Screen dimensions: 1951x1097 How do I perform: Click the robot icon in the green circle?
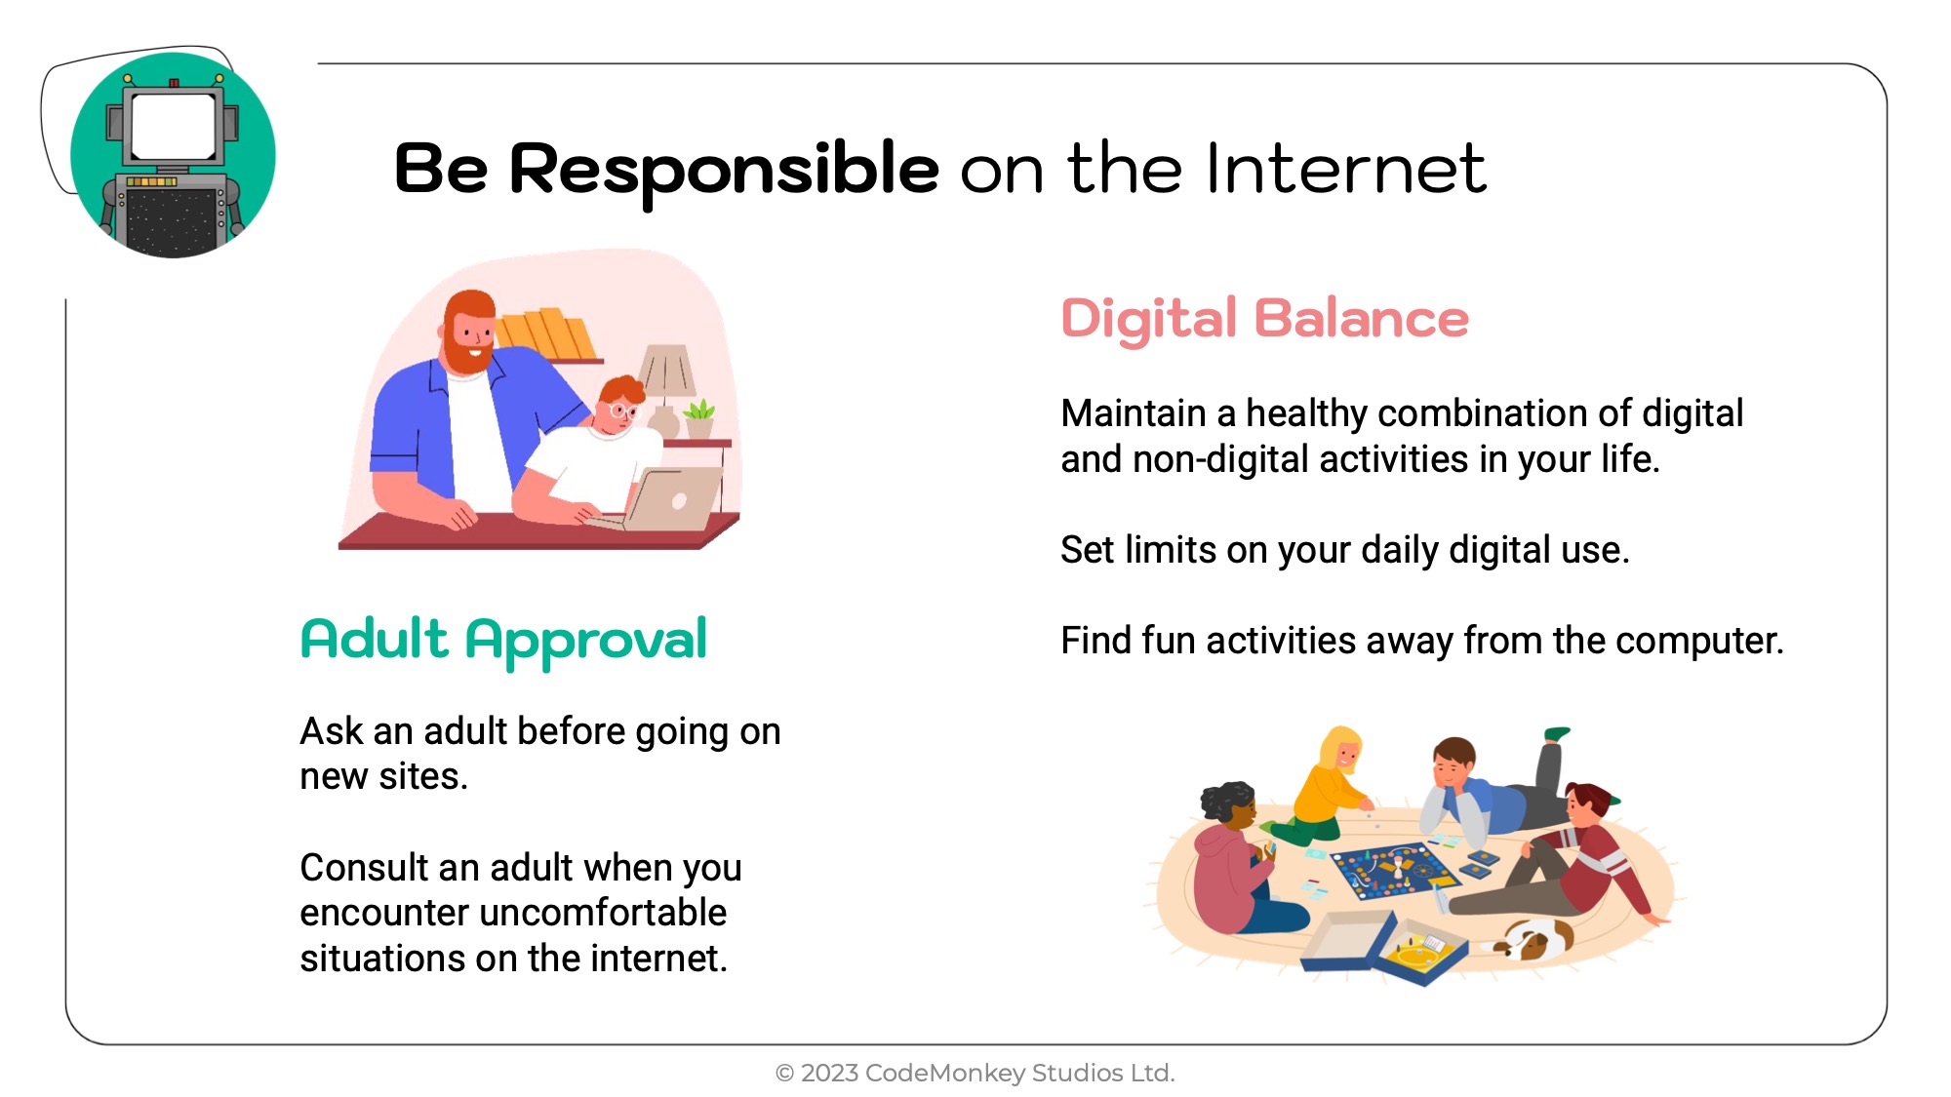coord(173,161)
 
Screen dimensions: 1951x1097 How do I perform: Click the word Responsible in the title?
coord(724,172)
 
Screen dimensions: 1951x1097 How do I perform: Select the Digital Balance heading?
coord(1264,320)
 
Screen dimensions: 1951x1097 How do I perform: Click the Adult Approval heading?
coord(503,642)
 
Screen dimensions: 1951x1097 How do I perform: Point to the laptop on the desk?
coord(663,498)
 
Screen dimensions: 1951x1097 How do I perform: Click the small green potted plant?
coord(699,417)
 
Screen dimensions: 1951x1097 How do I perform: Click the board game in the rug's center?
coord(1395,870)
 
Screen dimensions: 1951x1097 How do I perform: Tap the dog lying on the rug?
coord(1528,939)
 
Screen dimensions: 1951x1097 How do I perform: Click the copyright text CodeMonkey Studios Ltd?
coord(1019,1073)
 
